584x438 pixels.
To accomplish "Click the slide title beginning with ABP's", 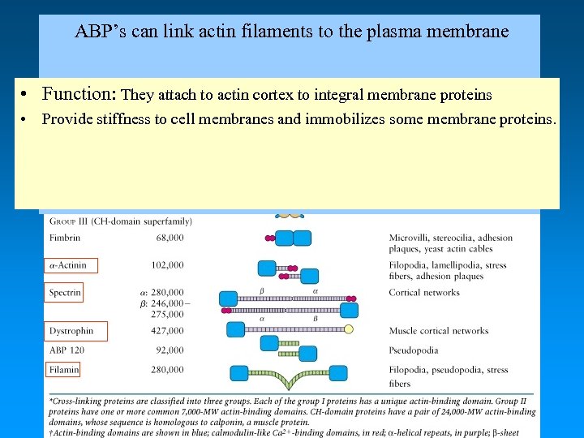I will click(x=291, y=32).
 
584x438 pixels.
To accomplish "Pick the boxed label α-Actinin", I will click(x=71, y=265).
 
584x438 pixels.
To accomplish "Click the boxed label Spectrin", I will click(x=65, y=292).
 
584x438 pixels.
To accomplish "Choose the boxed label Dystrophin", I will click(x=71, y=331).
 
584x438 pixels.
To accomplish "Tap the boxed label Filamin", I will click(x=64, y=370).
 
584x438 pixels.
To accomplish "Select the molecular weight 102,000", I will click(x=167, y=265).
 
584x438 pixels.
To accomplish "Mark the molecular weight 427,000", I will click(x=167, y=331).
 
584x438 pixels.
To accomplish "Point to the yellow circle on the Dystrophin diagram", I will click(x=349, y=329).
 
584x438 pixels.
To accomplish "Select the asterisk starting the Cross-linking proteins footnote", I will click(x=52, y=401).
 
